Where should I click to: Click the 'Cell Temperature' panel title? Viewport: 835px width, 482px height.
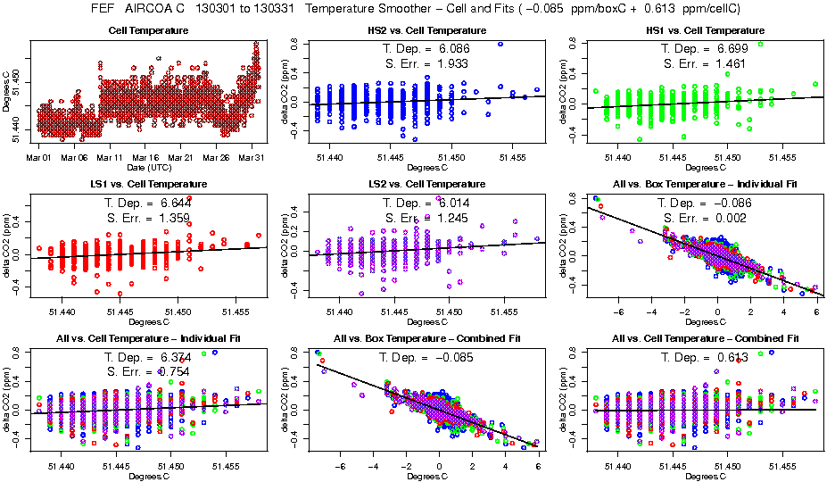coord(147,30)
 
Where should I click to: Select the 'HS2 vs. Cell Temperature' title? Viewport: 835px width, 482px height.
coord(427,30)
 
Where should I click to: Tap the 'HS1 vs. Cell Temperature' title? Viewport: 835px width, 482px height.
coord(704,30)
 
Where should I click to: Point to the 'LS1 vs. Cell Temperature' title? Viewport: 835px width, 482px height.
coord(148,184)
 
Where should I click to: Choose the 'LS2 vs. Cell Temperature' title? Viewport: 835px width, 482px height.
coord(427,184)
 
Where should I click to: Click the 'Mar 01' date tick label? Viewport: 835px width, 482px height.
coord(38,158)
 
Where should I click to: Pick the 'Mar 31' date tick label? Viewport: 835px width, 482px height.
coord(252,158)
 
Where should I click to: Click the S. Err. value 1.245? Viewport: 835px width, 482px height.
coord(451,218)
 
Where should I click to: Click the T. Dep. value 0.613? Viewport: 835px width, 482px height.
coord(732,355)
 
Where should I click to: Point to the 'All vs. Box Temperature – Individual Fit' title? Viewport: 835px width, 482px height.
coord(705,184)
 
